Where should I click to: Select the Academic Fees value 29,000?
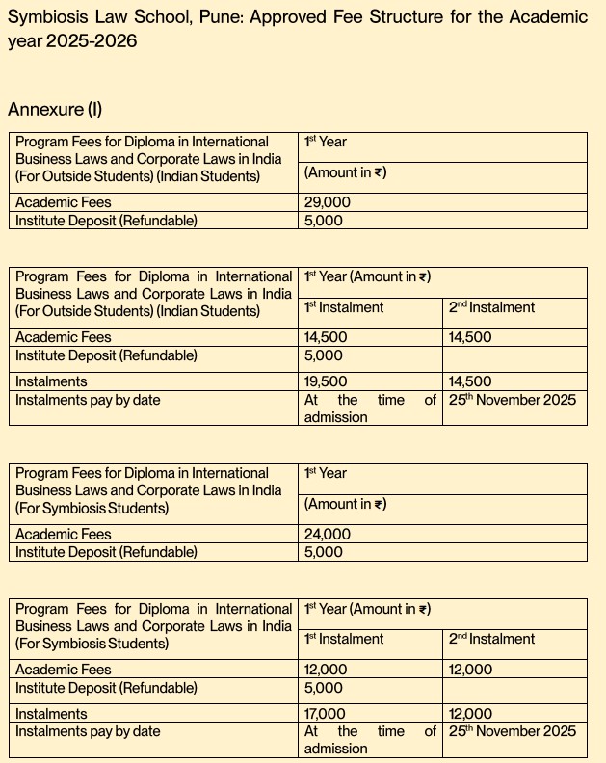[x=328, y=202]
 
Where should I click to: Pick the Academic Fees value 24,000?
[x=328, y=534]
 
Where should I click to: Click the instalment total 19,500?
[x=326, y=381]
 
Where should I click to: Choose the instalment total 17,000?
[x=326, y=714]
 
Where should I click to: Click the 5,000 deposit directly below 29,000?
[x=324, y=221]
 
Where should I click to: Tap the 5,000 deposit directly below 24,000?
[x=324, y=552]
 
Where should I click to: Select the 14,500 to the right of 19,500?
[x=470, y=381]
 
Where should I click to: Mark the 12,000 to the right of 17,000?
[x=471, y=714]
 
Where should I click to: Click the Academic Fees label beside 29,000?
[x=64, y=202]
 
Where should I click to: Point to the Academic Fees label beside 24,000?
[x=64, y=534]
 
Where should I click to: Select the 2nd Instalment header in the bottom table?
[x=491, y=639]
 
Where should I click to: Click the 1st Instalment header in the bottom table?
[x=344, y=639]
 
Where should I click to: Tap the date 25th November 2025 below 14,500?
[x=513, y=400]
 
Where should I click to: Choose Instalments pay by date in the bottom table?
[x=88, y=731]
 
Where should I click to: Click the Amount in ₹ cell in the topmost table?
[x=345, y=172]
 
